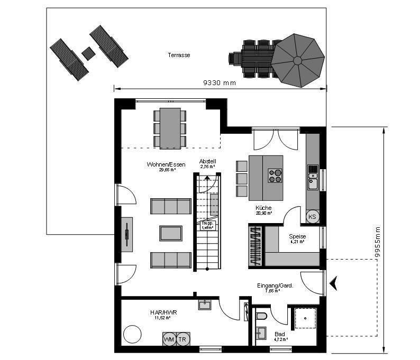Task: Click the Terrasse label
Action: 179,55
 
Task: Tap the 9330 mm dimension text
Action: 220,83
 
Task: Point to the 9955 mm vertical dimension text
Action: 377,242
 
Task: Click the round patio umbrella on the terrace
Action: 298,60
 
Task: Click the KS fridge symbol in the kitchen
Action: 312,217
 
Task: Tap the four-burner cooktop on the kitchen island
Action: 275,175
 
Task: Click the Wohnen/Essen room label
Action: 166,165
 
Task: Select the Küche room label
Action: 263,208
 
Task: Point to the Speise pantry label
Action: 297,237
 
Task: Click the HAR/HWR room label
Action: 163,313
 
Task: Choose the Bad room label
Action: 280,334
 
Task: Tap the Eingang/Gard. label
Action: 275,285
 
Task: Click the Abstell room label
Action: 207,161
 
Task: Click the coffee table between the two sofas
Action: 171,233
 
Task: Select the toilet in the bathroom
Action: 261,317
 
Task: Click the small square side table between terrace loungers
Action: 88,53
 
